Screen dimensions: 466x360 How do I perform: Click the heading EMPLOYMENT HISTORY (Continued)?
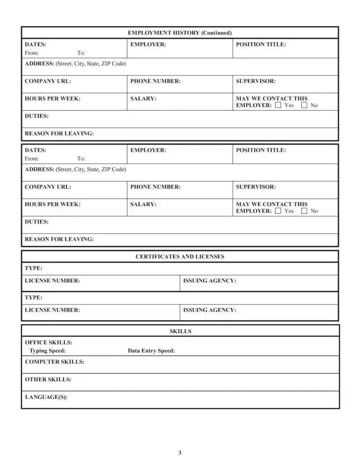pos(180,33)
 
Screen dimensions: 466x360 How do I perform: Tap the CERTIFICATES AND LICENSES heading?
pos(180,256)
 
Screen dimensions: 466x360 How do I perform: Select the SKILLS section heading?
pos(180,331)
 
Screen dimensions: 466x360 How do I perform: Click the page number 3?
pos(180,453)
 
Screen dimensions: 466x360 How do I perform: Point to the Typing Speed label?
pos(48,351)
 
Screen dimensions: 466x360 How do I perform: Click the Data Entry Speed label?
pos(151,351)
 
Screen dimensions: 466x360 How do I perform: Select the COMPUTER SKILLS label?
pos(55,362)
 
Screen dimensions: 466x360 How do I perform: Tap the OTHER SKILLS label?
pos(48,380)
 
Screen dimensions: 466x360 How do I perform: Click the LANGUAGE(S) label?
pos(46,397)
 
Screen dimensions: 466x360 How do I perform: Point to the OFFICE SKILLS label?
pos(49,342)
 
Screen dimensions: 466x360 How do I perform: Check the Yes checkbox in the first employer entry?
pos(278,105)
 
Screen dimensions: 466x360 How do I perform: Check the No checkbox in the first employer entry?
pos(304,105)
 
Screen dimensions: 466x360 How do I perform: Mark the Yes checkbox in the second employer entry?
pos(278,211)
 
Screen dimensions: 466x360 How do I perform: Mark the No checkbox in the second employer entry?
pos(304,211)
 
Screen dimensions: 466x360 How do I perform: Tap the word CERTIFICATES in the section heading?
pos(157,256)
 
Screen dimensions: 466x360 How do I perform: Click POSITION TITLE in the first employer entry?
pos(261,45)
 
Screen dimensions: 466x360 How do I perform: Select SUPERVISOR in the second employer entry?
pos(256,187)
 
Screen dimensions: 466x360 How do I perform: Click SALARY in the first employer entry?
pos(143,99)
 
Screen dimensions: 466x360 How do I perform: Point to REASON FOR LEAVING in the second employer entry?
pos(59,239)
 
